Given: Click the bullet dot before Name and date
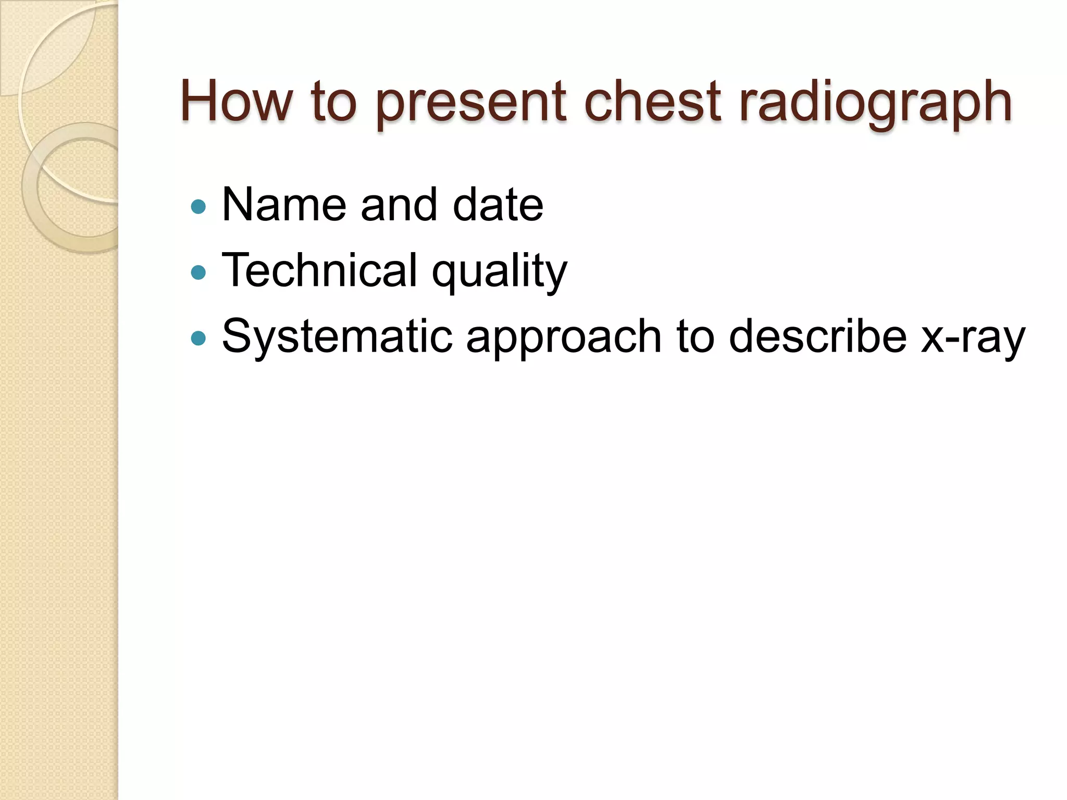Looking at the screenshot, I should [198, 207].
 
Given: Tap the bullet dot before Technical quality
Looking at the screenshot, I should [198, 272].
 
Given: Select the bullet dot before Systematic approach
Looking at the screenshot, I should [198, 339].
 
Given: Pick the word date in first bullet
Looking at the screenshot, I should [498, 205].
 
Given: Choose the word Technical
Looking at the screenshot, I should [319, 270].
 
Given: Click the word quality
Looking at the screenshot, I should [499, 272].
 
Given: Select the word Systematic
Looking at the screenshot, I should [337, 336].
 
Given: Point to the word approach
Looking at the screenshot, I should [564, 339].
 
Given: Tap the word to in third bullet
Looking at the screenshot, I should [695, 336].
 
